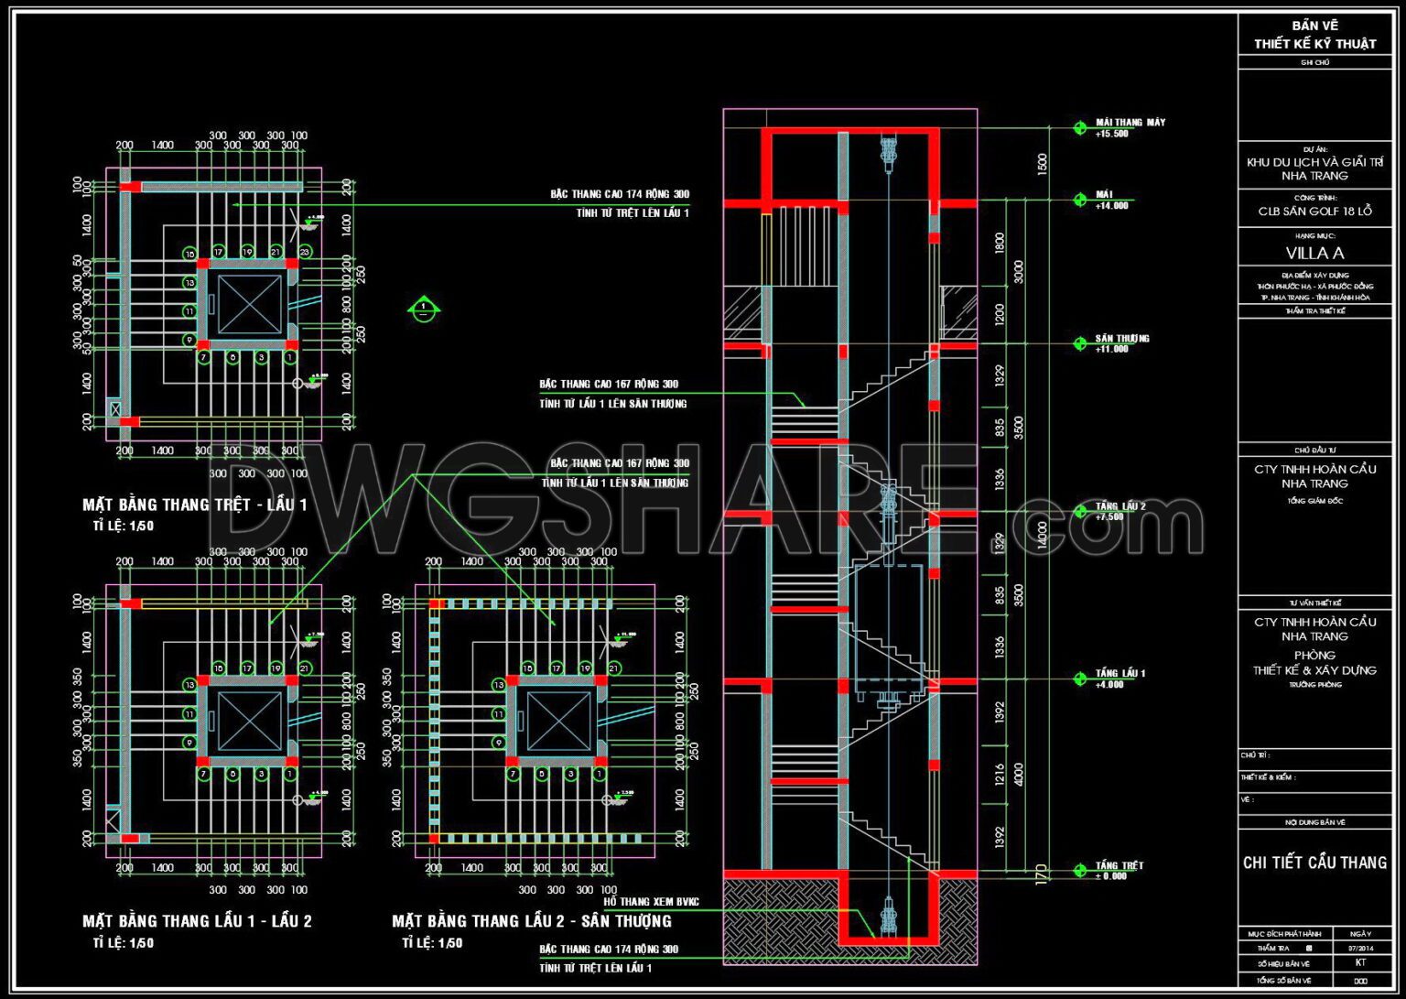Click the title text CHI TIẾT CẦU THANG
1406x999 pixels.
[x=1314, y=863]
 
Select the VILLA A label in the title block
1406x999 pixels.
[x=1314, y=253]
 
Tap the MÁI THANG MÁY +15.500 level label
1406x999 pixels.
[x=1130, y=127]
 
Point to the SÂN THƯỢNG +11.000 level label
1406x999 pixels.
[x=1121, y=343]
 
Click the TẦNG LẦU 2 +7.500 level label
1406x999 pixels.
[x=1119, y=511]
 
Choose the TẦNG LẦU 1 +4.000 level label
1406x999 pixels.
[x=1119, y=679]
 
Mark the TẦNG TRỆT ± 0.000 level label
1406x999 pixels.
[x=1119, y=870]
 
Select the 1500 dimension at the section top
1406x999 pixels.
[x=1043, y=165]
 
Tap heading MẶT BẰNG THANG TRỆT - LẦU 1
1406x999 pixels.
[x=194, y=505]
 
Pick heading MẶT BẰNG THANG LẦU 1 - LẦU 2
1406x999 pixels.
[x=197, y=921]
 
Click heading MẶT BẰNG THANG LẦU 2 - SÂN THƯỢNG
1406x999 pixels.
[x=531, y=921]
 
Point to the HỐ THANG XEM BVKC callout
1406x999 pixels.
[x=651, y=902]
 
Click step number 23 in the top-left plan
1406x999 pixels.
[x=305, y=252]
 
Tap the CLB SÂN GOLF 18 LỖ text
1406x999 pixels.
[x=1314, y=212]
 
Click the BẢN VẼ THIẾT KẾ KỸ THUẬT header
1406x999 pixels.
[x=1314, y=35]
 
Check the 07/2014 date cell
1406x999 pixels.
[x=1360, y=948]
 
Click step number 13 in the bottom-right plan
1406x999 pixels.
[x=499, y=684]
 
